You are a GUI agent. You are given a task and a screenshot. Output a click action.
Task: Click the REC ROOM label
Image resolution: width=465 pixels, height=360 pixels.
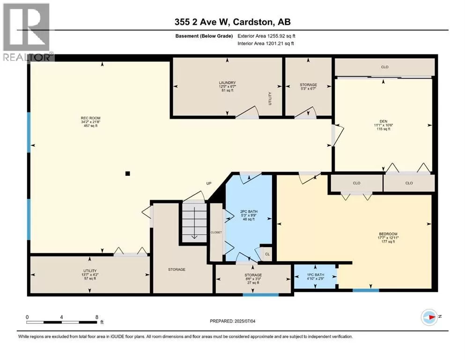[x=91, y=118]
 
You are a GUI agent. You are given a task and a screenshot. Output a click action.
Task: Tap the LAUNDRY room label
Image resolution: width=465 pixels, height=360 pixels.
[x=227, y=83]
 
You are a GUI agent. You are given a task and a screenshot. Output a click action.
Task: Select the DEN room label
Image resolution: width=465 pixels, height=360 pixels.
[x=384, y=121]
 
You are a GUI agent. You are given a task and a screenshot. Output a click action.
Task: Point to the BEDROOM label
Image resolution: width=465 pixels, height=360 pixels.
[x=388, y=234]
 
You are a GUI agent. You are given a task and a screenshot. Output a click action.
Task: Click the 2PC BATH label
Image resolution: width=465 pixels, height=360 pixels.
[x=249, y=211]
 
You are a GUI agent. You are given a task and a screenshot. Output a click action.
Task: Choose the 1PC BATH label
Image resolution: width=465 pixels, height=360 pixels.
[x=316, y=275]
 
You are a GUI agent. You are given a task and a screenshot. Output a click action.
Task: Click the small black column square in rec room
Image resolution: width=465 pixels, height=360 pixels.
[x=127, y=173]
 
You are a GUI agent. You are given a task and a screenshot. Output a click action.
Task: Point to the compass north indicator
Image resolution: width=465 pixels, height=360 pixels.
[x=429, y=317]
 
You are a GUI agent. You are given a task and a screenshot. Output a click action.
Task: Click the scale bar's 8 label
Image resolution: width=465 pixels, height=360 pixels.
[x=96, y=317]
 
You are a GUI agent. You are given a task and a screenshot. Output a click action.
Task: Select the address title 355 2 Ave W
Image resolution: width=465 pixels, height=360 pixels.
[x=202, y=22]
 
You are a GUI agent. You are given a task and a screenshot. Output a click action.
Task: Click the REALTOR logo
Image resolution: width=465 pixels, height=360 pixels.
[x=27, y=32]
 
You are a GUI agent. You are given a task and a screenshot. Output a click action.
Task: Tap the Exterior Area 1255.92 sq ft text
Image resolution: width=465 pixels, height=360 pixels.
[x=266, y=36]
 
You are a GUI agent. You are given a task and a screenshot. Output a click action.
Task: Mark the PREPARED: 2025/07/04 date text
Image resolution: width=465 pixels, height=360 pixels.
[x=232, y=321]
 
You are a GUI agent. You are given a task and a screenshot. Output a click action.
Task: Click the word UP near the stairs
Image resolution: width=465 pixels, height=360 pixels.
[x=209, y=183]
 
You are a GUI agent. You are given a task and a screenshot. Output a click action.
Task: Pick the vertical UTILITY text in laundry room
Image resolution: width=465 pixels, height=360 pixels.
[x=270, y=98]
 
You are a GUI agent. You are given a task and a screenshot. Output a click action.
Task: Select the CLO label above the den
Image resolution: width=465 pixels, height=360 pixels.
[x=384, y=67]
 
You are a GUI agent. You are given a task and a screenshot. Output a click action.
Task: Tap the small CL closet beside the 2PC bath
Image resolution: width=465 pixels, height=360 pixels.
[x=267, y=255]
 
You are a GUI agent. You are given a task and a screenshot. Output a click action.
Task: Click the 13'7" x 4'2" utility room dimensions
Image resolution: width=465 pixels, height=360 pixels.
[x=90, y=275]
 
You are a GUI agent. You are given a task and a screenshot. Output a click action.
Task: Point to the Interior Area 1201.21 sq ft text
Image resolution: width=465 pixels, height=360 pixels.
[x=266, y=43]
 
